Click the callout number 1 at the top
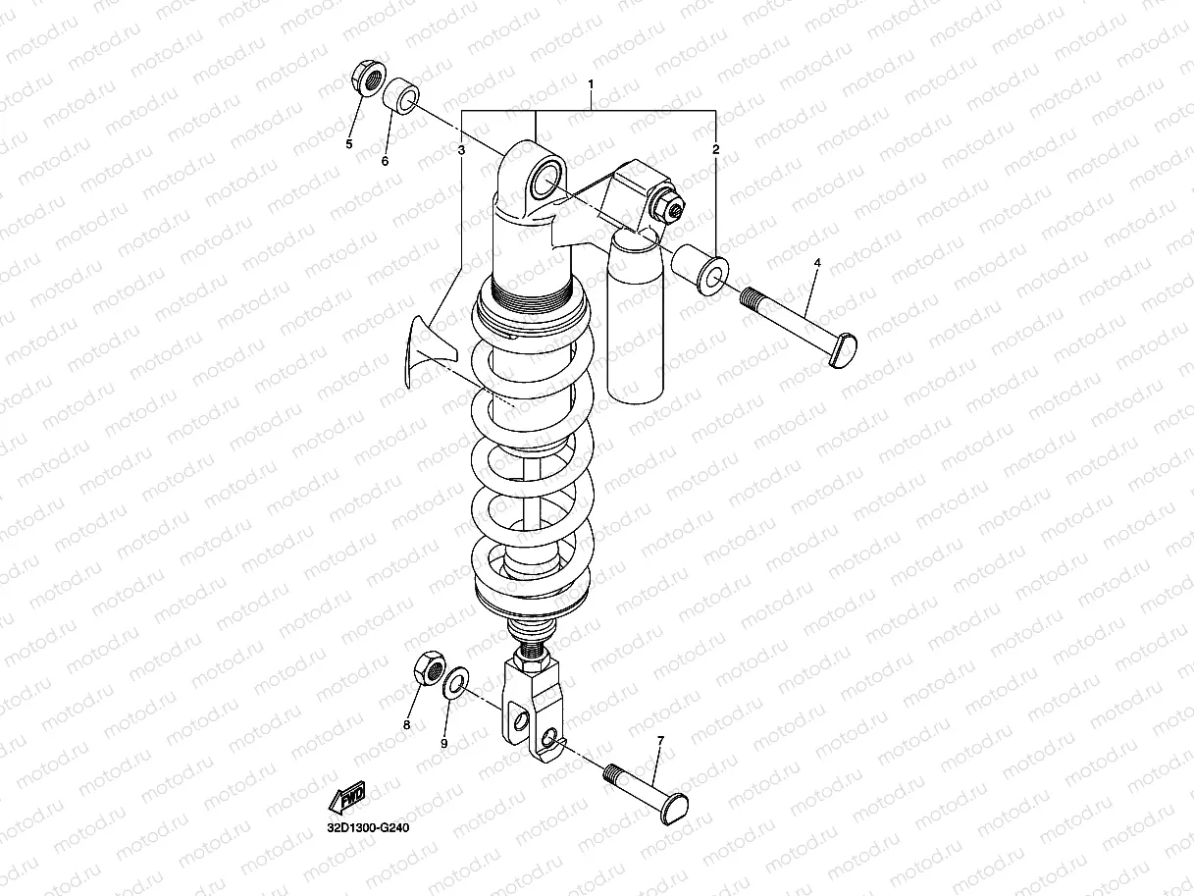coord(591,85)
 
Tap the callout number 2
coord(715,150)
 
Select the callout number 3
coord(460,150)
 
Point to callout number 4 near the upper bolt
coord(817,263)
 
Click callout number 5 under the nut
coord(348,144)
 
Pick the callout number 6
coord(385,160)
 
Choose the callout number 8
coord(406,725)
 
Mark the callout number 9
coord(443,744)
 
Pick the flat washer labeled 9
coord(455,685)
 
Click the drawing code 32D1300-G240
coord(367,828)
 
